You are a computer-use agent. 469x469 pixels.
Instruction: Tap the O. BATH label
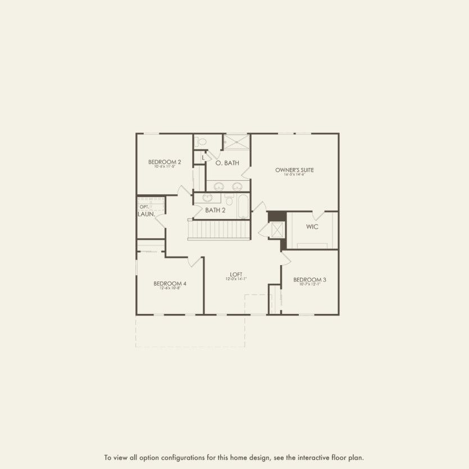coord(227,163)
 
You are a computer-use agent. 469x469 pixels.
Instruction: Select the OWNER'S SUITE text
coord(294,170)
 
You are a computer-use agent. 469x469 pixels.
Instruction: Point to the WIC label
coord(312,227)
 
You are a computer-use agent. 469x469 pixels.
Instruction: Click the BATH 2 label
coord(215,211)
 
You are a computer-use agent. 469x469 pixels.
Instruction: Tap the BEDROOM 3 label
coord(309,279)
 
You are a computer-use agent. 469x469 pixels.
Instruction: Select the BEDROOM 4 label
coord(170,284)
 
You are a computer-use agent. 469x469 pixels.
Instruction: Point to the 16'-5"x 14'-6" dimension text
coord(294,175)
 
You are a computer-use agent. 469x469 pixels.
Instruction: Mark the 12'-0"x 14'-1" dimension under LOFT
coord(236,279)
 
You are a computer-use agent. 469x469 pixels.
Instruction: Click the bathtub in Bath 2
coord(242,206)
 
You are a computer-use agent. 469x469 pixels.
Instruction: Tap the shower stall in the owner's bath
coord(236,142)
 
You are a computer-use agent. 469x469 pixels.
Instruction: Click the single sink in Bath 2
coord(208,198)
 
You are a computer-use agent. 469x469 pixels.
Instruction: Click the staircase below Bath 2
coord(218,230)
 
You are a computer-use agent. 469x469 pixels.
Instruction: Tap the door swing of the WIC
coord(318,215)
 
